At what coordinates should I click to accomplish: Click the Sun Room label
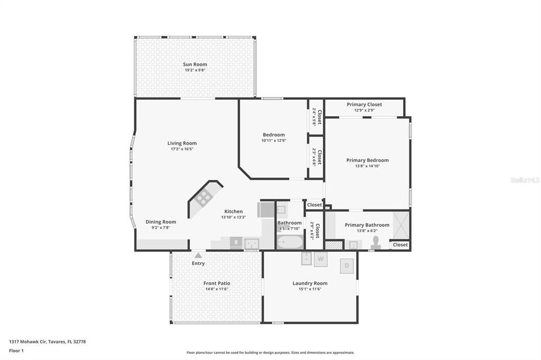(x=195, y=64)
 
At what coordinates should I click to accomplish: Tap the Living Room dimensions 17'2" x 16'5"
(x=182, y=149)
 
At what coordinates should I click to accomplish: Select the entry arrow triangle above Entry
(x=198, y=255)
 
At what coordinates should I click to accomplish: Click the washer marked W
(x=321, y=259)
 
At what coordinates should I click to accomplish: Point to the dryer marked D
(x=347, y=266)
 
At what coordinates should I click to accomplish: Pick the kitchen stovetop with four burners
(x=203, y=198)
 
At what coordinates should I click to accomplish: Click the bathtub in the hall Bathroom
(x=290, y=242)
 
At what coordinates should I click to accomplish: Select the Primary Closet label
(x=365, y=105)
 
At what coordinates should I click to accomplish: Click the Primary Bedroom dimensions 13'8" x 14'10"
(x=368, y=166)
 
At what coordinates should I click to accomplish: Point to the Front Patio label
(x=217, y=283)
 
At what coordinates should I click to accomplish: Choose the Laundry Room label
(x=310, y=283)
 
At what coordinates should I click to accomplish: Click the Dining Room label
(x=161, y=222)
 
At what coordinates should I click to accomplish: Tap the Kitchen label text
(x=234, y=211)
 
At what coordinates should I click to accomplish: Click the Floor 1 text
(x=16, y=350)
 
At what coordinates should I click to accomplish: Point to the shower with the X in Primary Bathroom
(x=401, y=225)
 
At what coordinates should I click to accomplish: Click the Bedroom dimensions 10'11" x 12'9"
(x=274, y=140)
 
